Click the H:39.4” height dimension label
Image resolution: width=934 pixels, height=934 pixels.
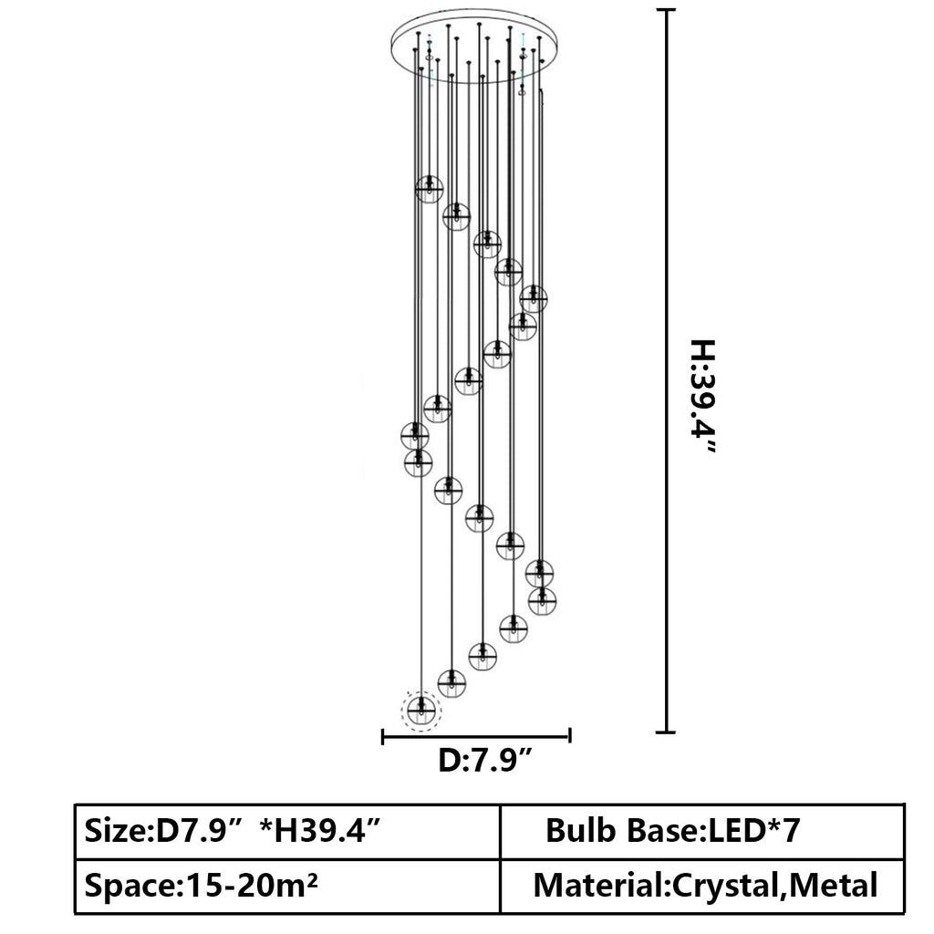point(703,397)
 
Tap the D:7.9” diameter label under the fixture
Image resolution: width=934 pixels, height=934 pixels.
point(485,761)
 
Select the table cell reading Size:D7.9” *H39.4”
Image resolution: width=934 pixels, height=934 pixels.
point(287,832)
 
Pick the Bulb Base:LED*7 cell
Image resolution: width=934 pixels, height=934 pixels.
point(702,832)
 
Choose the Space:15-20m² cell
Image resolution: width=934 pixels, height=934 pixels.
point(287,886)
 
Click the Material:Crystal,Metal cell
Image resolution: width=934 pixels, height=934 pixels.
point(702,886)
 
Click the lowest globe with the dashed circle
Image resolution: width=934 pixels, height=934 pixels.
point(421,710)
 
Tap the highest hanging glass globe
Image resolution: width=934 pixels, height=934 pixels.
point(429,189)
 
